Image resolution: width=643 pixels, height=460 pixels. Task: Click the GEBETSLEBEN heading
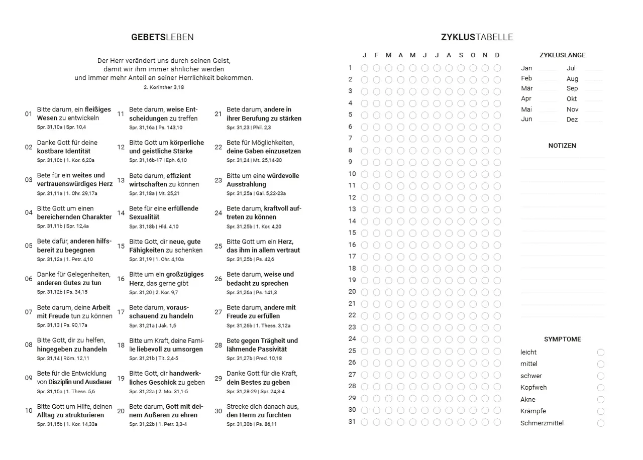162,37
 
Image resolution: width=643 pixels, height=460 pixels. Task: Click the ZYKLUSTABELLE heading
477,37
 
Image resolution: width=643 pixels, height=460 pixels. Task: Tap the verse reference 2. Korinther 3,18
164,87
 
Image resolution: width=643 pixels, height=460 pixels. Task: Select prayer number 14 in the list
121,213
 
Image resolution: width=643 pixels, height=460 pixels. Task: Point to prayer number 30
218,411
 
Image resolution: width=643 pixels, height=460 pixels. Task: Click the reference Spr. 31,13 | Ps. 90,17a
62,325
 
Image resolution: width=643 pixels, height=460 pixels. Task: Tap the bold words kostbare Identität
64,151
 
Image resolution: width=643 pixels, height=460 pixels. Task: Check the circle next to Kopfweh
601,388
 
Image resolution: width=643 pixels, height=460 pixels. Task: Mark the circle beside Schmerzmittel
601,423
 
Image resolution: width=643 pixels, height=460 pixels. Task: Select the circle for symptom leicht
601,353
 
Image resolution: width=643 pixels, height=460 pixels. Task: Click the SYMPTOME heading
562,339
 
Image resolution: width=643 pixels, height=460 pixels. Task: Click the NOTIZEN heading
562,146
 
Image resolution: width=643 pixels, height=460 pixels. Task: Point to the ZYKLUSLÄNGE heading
562,55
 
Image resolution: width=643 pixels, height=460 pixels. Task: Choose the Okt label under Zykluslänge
572,99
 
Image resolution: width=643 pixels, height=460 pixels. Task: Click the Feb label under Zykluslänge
526,78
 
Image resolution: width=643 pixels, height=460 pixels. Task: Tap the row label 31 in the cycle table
352,422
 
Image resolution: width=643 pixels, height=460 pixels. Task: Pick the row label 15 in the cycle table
352,233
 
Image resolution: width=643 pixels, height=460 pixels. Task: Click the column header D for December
497,55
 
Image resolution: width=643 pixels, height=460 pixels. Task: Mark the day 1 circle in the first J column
365,68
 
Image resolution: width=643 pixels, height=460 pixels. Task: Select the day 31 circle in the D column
497,422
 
